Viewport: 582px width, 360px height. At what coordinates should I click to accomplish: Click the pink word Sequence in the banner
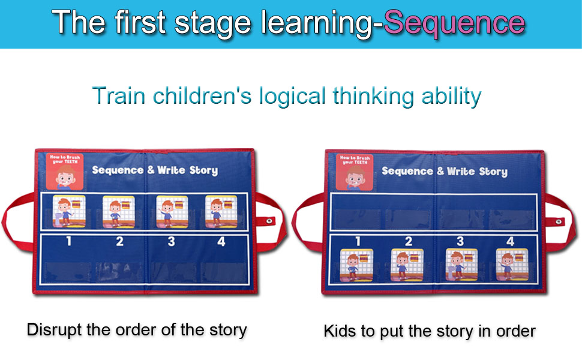pyautogui.click(x=454, y=23)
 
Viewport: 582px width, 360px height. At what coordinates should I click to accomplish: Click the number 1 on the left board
pyautogui.click(x=68, y=242)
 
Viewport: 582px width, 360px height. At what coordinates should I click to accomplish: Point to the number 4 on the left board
pyautogui.click(x=221, y=242)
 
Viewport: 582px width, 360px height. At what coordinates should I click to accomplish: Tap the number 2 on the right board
pyautogui.click(x=409, y=241)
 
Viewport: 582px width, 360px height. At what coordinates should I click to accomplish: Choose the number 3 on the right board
pyautogui.click(x=460, y=241)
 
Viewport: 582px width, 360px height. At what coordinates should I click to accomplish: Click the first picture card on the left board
pyautogui.click(x=69, y=212)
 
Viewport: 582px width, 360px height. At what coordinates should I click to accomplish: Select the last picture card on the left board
pyautogui.click(x=221, y=212)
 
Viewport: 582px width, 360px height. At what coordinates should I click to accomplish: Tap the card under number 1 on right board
pyautogui.click(x=357, y=265)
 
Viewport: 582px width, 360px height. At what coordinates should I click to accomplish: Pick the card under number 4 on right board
pyautogui.click(x=511, y=264)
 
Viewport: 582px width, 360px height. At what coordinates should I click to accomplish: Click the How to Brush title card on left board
pyautogui.click(x=65, y=172)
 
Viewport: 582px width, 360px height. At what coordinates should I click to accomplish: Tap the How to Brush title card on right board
pyautogui.click(x=355, y=172)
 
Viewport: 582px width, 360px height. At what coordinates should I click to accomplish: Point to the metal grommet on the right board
pyautogui.click(x=559, y=222)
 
